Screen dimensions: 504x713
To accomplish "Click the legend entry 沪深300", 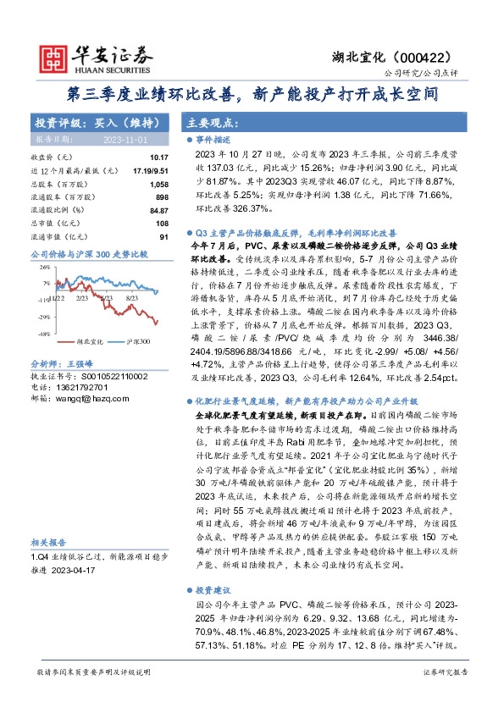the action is pos(137,341).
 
